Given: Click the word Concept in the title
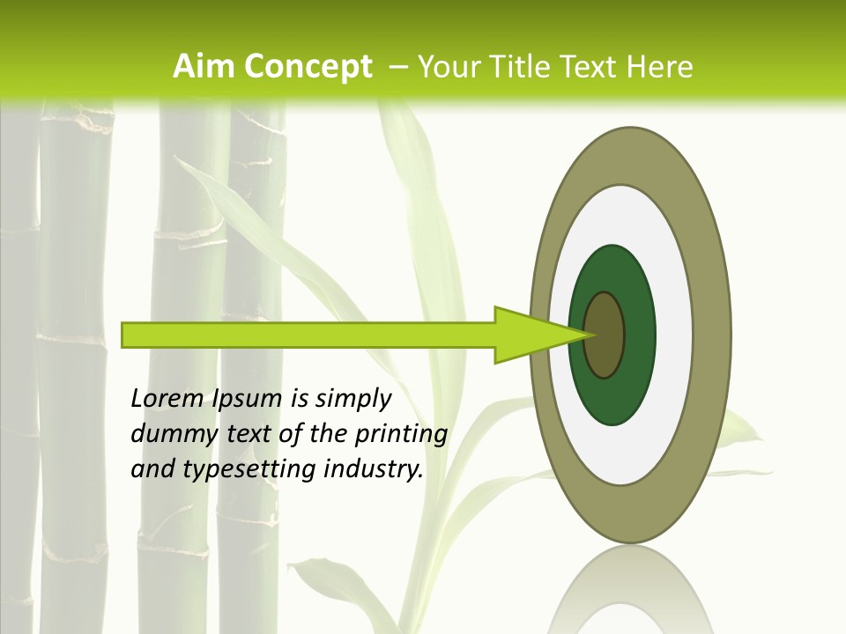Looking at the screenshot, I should [x=308, y=66].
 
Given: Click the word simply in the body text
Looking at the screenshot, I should [x=352, y=399].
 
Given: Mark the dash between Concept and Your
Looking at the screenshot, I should [x=397, y=66].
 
